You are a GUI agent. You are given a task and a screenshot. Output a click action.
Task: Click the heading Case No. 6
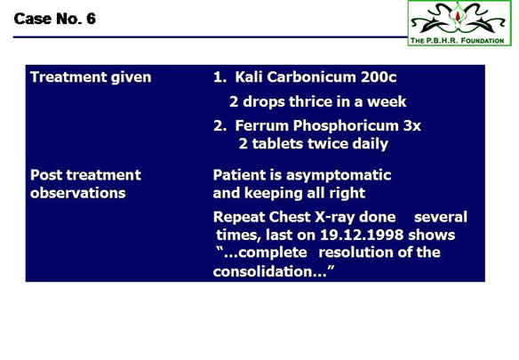(x=55, y=19)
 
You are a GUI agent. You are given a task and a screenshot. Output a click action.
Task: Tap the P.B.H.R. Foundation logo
(x=459, y=23)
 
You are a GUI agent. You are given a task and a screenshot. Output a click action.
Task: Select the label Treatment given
(x=91, y=77)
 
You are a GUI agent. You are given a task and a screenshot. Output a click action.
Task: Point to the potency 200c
(x=379, y=76)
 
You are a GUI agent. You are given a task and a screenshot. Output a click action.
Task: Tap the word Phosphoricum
(x=346, y=126)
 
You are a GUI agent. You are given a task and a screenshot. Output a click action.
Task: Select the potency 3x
(x=412, y=126)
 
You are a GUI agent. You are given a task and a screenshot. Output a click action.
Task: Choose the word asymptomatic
(x=339, y=175)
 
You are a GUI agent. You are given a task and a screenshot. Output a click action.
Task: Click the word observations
(x=78, y=193)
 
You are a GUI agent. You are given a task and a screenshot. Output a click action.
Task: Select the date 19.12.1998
(x=362, y=235)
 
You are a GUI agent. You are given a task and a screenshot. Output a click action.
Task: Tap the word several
(x=441, y=217)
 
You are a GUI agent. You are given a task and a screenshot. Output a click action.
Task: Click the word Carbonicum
(x=312, y=76)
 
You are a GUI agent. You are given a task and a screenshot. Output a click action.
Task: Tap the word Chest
(x=290, y=217)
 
